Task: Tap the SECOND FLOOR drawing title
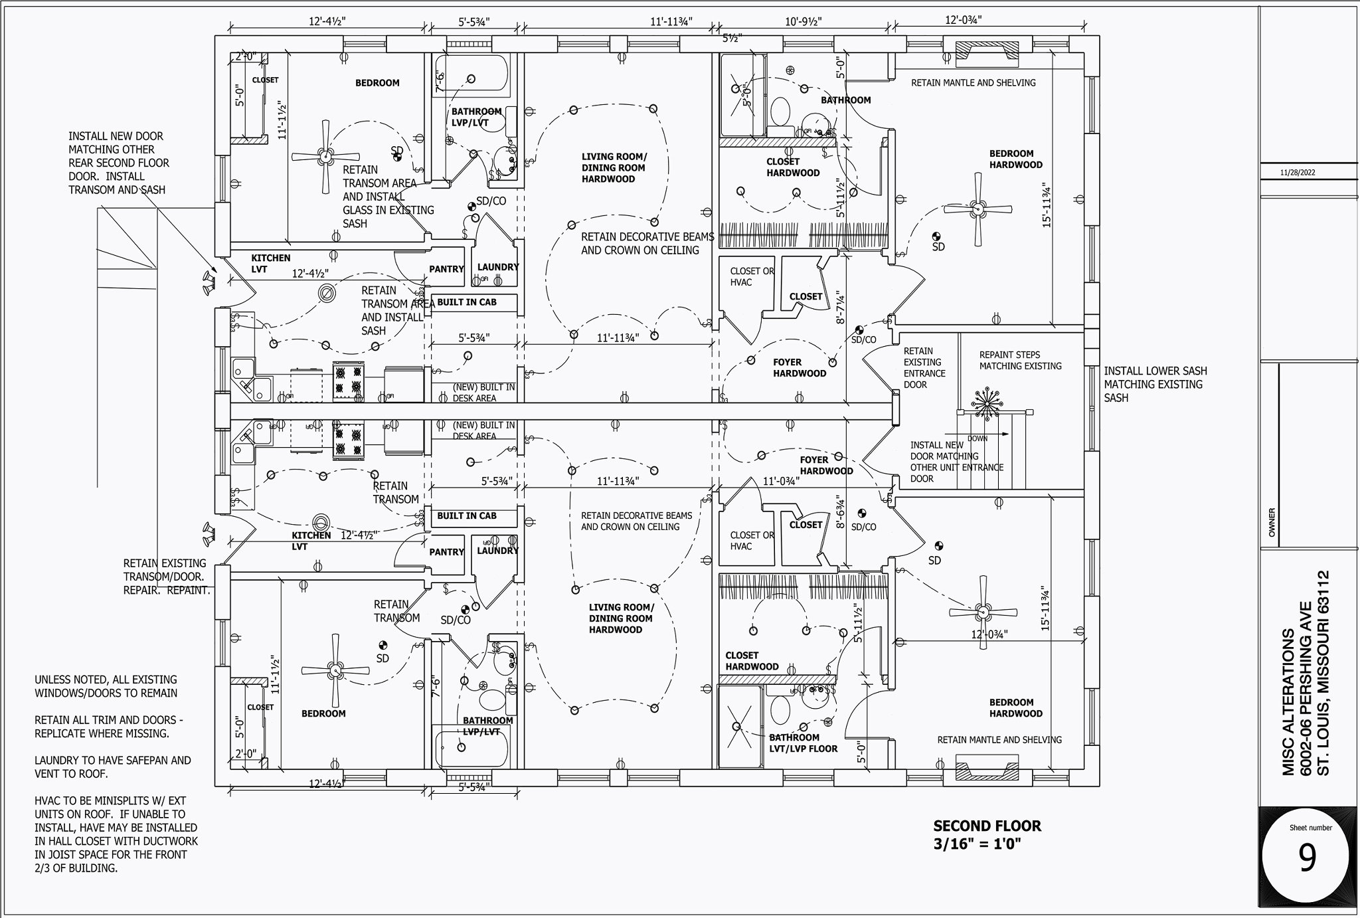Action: point(987,826)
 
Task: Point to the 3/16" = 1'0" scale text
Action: point(976,844)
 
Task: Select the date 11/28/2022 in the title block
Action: point(1298,173)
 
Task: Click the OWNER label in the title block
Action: point(1272,522)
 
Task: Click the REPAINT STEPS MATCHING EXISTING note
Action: point(1020,360)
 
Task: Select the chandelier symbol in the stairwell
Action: point(987,402)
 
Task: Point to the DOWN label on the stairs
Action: point(977,438)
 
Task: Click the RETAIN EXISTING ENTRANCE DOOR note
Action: point(924,367)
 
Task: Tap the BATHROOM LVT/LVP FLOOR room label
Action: point(803,743)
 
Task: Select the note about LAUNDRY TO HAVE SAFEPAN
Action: point(112,767)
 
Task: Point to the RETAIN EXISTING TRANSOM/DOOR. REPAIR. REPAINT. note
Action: point(166,576)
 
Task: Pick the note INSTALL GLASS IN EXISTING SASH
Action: point(388,203)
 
